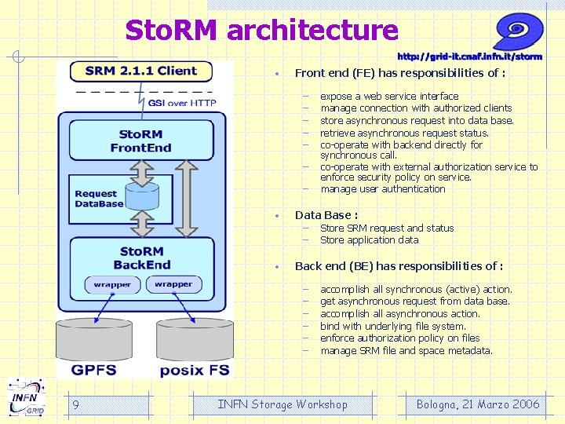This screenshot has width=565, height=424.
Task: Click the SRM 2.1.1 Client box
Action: coord(141,71)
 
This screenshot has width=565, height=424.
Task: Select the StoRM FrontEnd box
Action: coord(141,141)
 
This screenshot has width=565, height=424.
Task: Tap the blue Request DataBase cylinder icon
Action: coord(142,196)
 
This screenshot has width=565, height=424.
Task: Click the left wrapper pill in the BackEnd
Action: coord(112,285)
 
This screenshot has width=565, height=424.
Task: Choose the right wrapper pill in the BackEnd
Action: coord(173,284)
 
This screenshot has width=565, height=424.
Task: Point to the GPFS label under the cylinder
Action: coord(93,370)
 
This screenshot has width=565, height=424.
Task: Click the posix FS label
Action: coord(195,371)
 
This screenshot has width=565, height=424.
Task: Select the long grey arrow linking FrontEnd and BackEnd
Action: coord(186,199)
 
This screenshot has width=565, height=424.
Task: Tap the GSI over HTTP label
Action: coord(182,103)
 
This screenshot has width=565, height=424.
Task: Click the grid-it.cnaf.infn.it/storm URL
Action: coord(469,57)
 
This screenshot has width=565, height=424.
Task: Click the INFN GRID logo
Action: coord(27,397)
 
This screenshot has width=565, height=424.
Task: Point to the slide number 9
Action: coord(75,404)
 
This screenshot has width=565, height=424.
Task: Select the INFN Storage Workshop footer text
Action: coord(282,404)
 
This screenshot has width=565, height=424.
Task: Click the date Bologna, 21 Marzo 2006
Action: coord(478,404)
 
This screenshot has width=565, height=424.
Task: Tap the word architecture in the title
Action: coord(313,30)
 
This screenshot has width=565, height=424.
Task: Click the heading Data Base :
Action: coord(326,215)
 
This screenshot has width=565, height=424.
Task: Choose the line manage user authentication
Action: coord(383,189)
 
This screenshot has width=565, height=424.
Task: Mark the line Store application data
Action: coord(370,240)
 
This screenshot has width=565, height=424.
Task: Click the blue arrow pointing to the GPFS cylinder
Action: coord(104,309)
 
